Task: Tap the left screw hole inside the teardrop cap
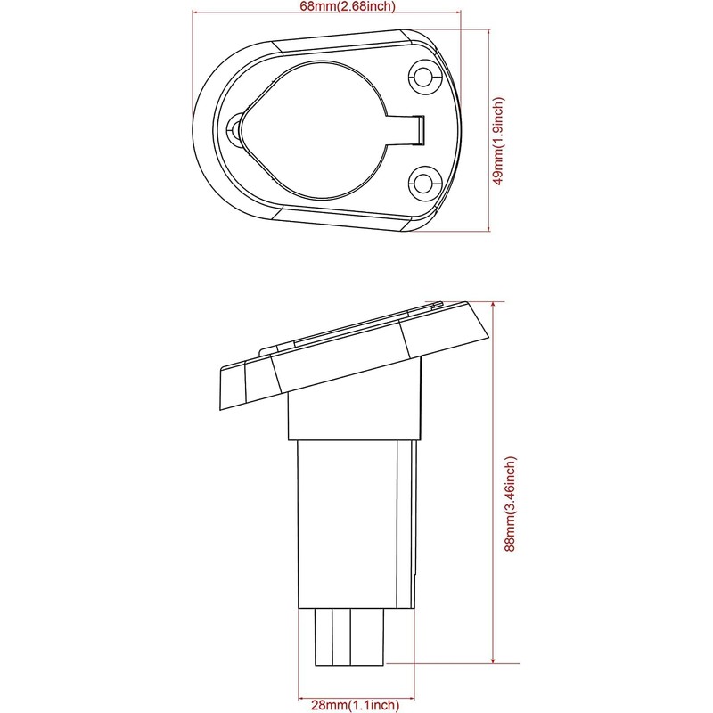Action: (236, 130)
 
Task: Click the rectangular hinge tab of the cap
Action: (410, 130)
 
